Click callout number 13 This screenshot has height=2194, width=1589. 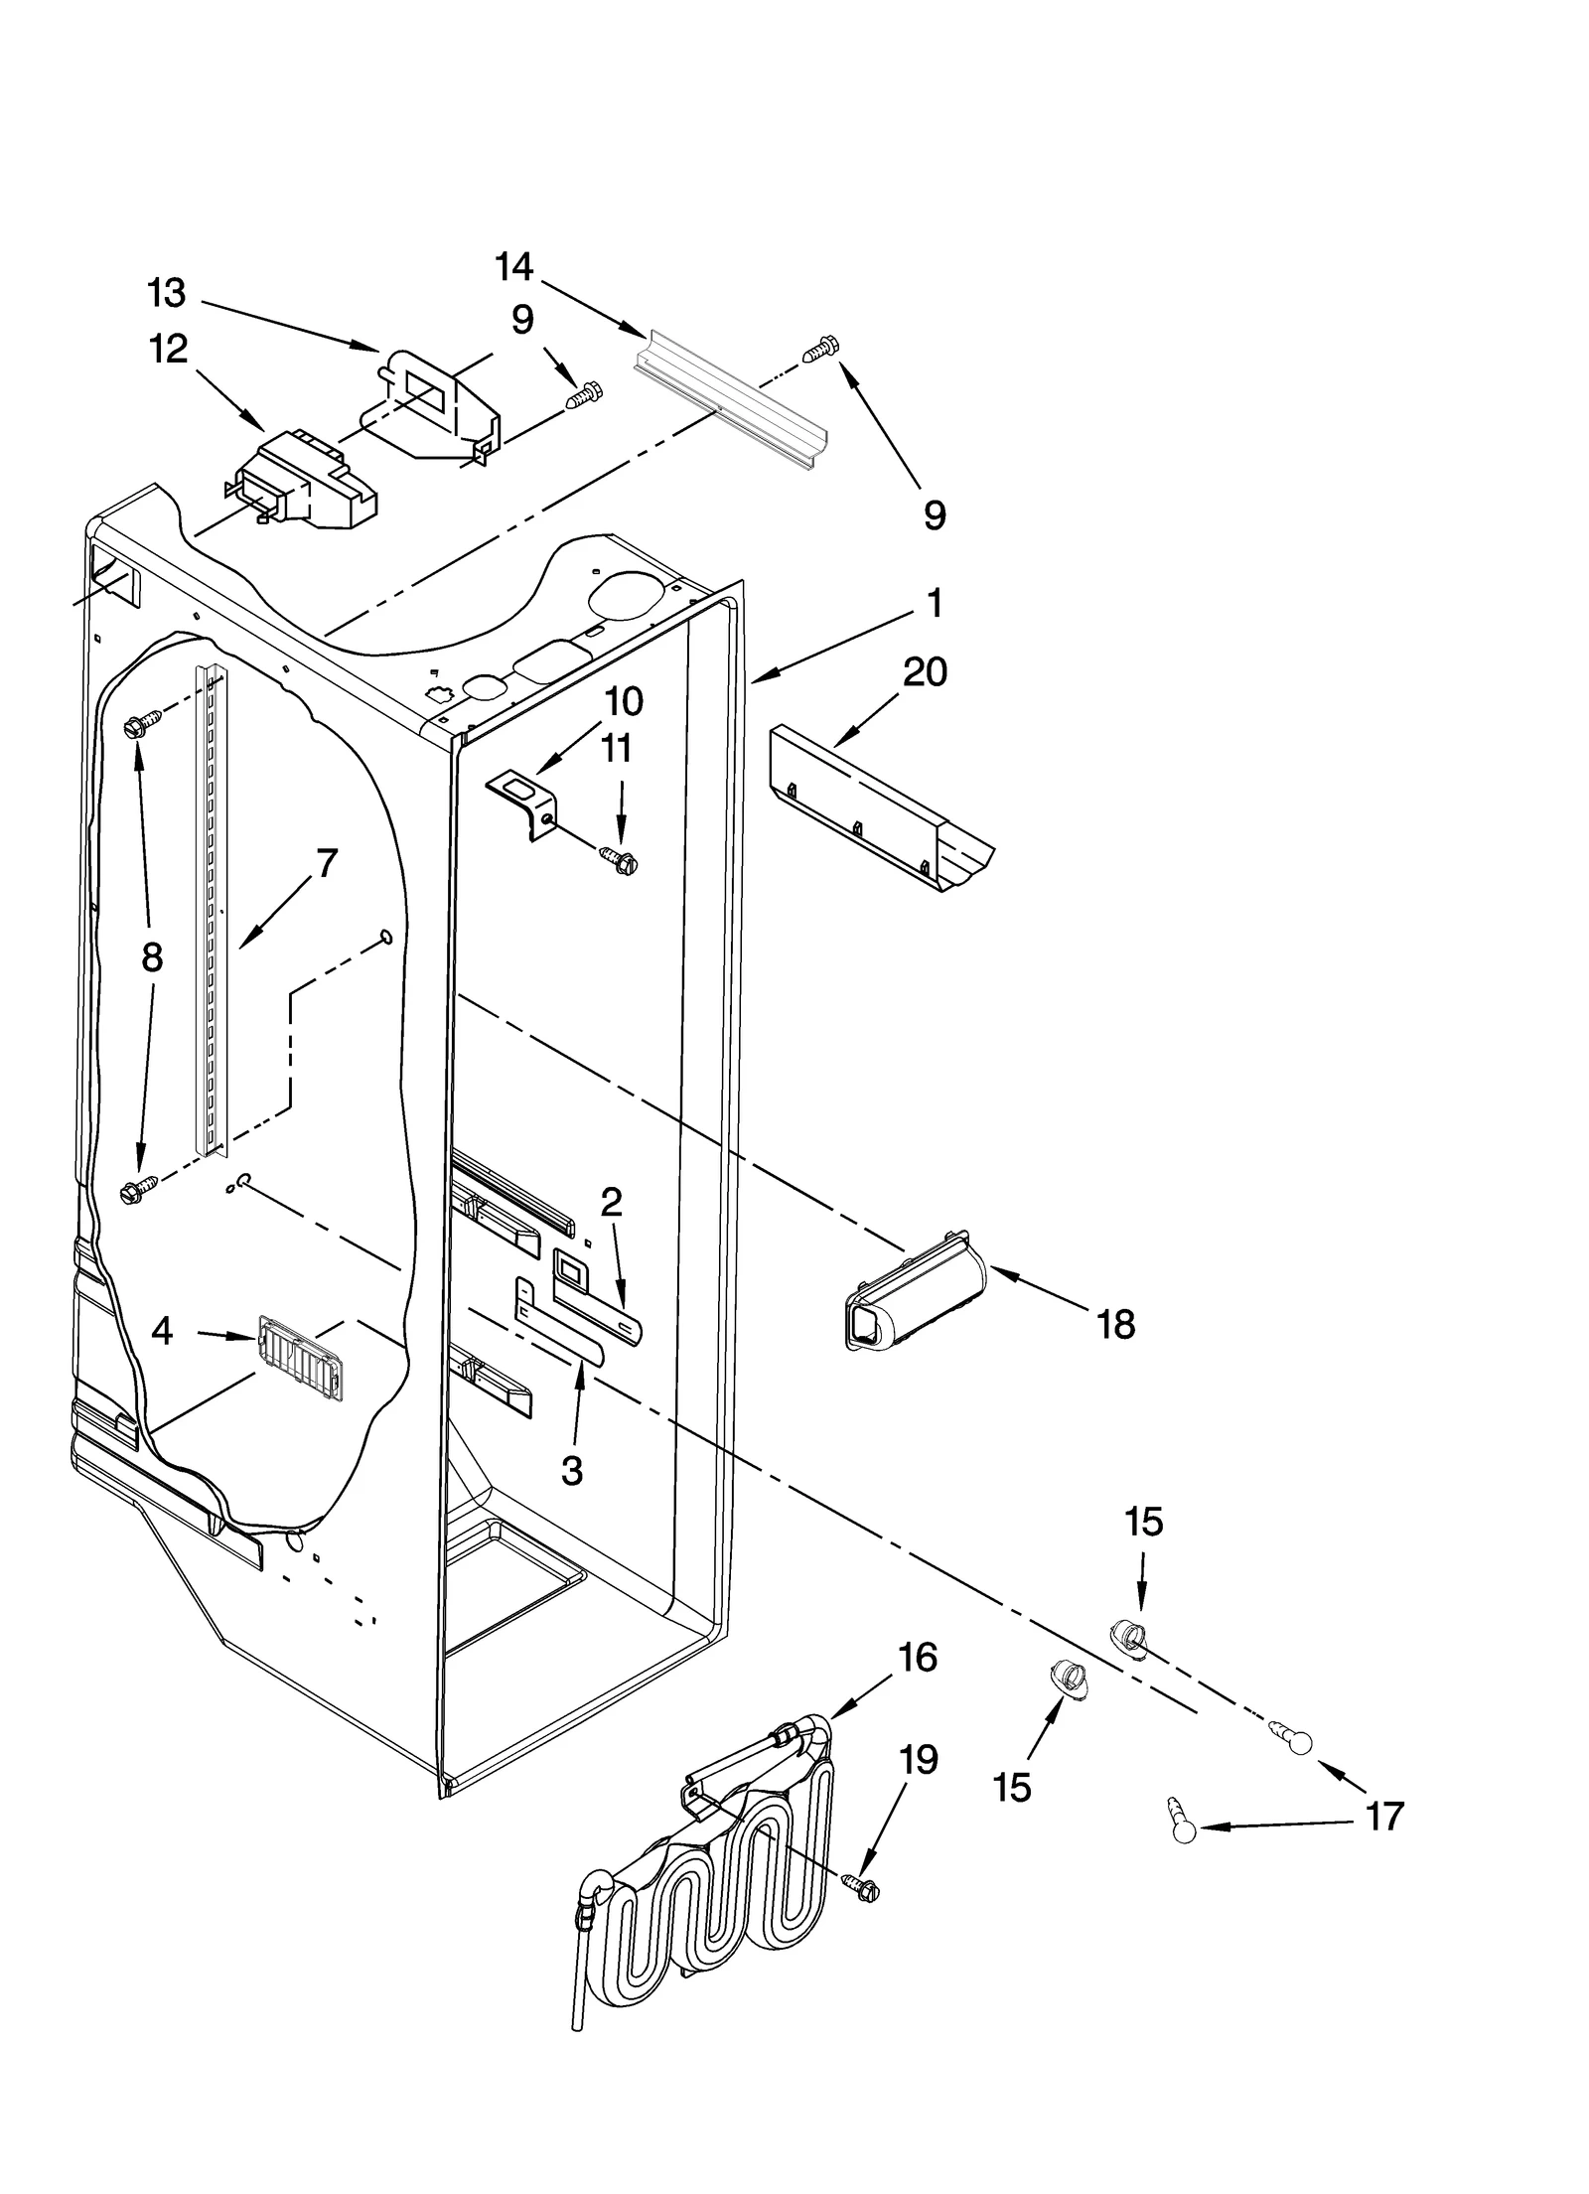tap(166, 293)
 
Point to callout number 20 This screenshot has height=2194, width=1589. tap(925, 672)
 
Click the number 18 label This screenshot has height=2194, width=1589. tap(1116, 1324)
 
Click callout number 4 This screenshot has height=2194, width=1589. tap(162, 1331)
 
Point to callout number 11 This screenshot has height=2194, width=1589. tap(617, 748)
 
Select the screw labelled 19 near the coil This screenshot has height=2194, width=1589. tap(860, 1885)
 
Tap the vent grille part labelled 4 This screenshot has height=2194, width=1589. tap(300, 1358)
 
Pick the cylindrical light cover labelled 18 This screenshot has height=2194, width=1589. tap(914, 1296)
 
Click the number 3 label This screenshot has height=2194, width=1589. tap(571, 1471)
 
